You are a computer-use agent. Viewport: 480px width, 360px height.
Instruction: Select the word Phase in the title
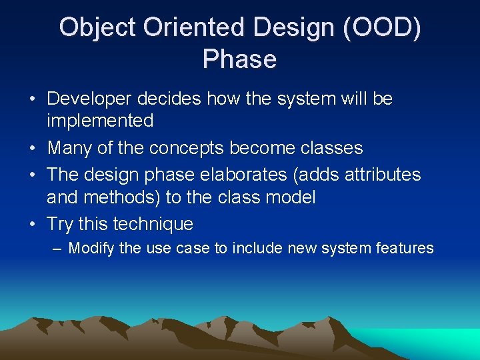click(239, 59)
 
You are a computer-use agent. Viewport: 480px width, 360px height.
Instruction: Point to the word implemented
click(100, 121)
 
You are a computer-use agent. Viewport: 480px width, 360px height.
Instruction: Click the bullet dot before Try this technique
click(33, 224)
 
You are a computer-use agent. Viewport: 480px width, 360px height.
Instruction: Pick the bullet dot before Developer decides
click(33, 99)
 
